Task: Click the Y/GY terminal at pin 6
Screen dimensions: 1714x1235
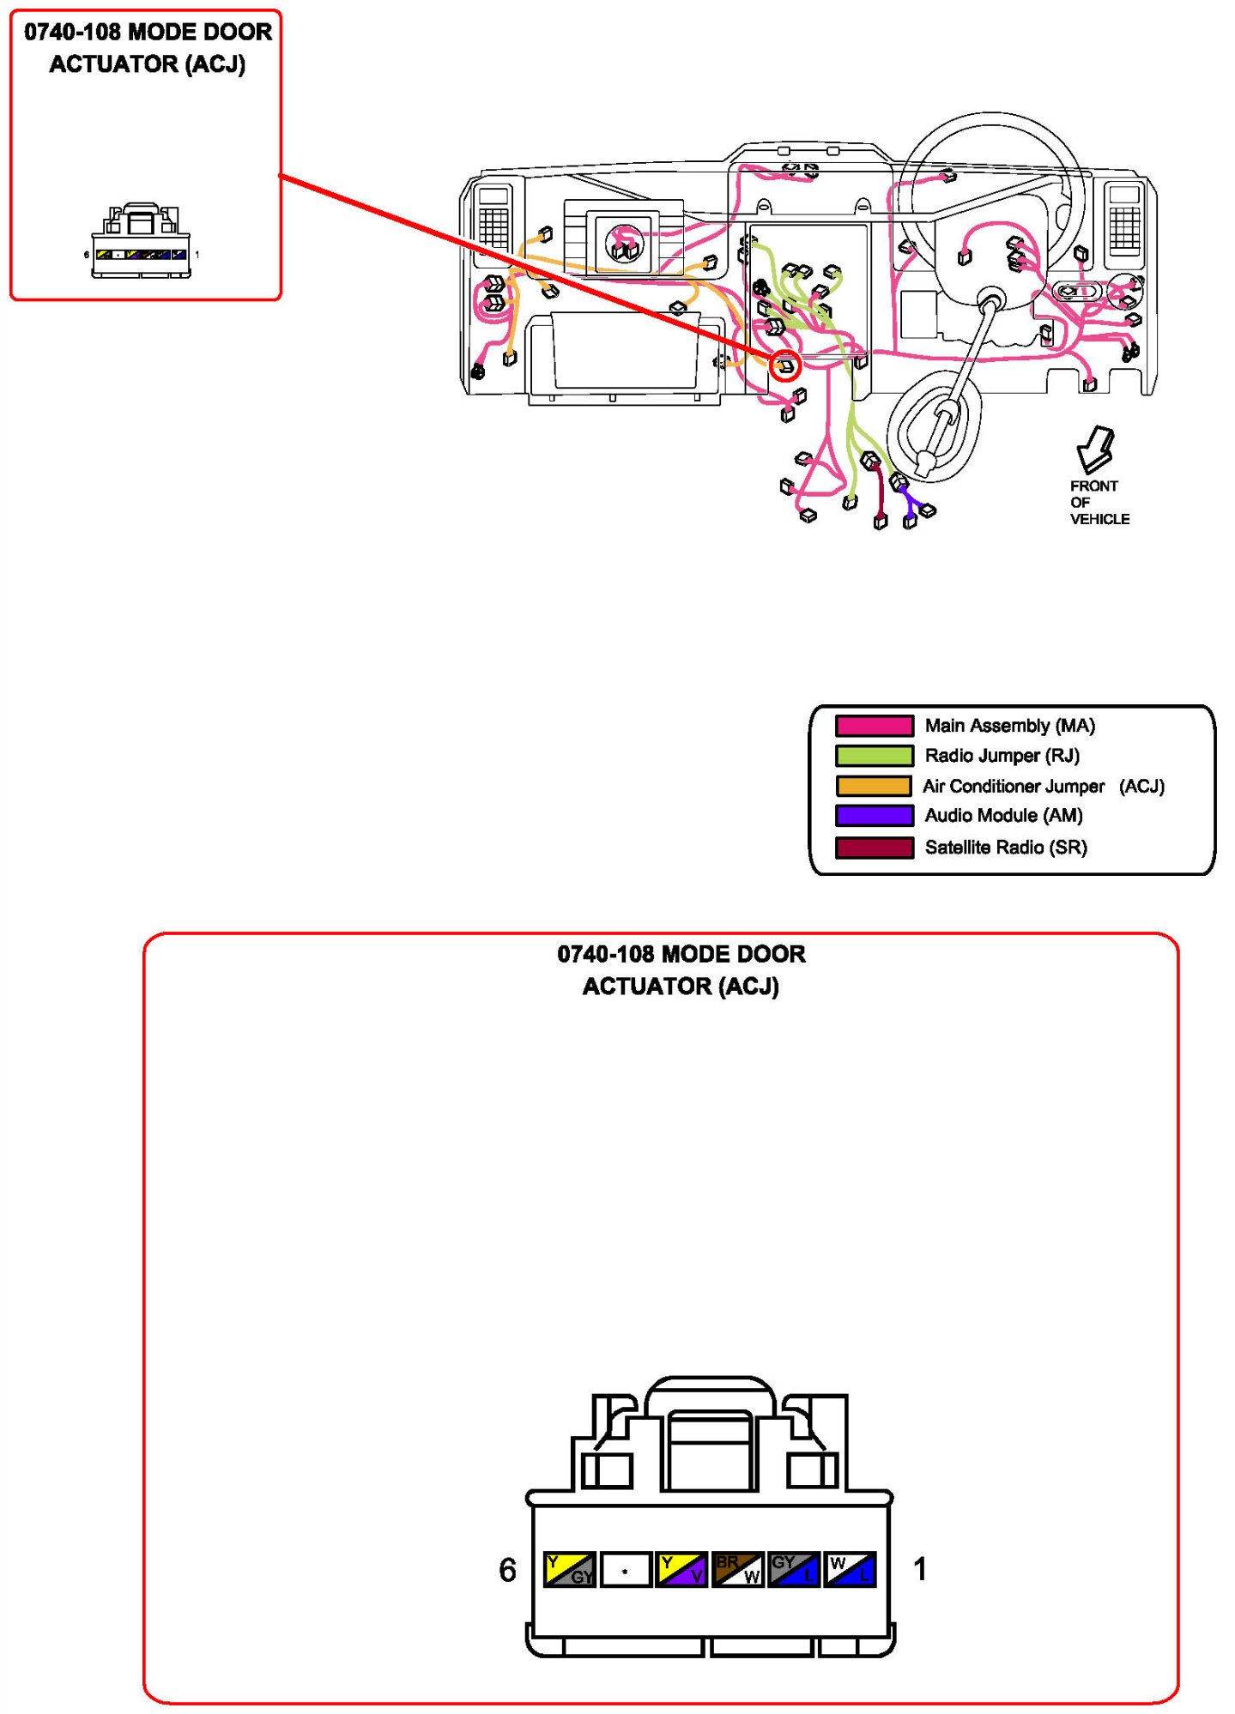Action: (570, 1569)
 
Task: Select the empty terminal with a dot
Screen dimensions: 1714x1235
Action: (625, 1570)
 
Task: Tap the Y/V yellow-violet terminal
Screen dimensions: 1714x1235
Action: (681, 1569)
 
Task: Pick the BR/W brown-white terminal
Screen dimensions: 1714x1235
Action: (738, 1569)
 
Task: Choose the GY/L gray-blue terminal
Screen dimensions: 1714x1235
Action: (794, 1569)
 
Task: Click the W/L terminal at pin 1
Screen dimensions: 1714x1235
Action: (850, 1569)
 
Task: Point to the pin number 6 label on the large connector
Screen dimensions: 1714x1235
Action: (507, 1570)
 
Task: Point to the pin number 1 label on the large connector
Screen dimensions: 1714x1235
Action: (920, 1569)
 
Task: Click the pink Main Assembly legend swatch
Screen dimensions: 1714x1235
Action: (874, 726)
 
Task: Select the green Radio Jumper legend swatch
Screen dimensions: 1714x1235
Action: (874, 756)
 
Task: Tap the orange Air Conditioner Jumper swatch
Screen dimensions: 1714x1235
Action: (874, 786)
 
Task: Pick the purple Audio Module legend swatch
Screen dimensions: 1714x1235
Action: (874, 815)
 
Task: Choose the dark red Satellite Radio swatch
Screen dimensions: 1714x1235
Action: (874, 848)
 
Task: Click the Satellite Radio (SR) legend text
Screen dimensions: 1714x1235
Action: (1005, 848)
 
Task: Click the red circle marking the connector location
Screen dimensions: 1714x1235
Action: (784, 366)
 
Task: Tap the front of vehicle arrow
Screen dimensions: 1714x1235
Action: (1095, 448)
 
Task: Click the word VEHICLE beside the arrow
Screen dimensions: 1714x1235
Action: (1099, 519)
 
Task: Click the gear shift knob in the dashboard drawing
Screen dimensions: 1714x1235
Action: (924, 464)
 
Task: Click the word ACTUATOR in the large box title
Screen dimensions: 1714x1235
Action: (646, 987)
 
